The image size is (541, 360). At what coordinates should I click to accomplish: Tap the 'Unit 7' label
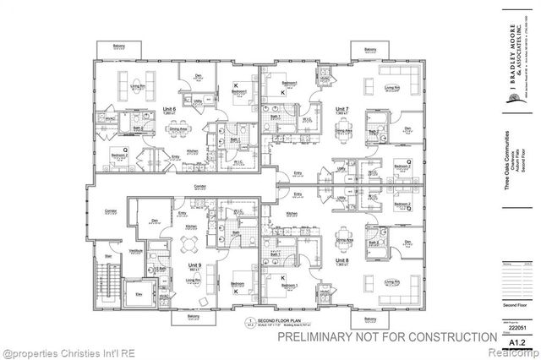pos(342,111)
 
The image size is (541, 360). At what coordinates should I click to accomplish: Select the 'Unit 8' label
pos(342,261)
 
